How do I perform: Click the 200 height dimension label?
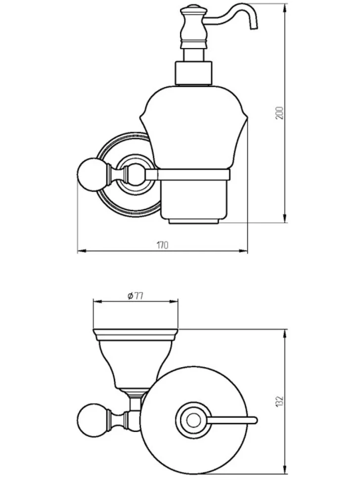pos(280,113)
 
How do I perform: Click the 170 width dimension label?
pos(162,245)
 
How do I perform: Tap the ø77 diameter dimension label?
pos(135,296)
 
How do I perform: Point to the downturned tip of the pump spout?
pos(254,27)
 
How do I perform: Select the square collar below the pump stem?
pos(193,73)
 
